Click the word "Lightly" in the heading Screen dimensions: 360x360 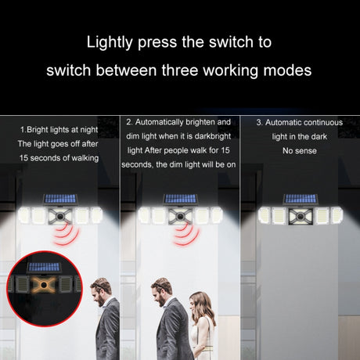pyautogui.click(x=110, y=42)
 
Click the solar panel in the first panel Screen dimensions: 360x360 pyautogui.click(x=60, y=199)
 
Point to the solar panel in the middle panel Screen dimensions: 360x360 pyautogui.click(x=180, y=199)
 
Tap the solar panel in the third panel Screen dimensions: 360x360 pyautogui.click(x=301, y=199)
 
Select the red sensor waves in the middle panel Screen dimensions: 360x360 pyautogui.click(x=186, y=234)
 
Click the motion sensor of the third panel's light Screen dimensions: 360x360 pyautogui.click(x=301, y=216)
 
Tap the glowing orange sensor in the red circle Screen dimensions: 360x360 pyautogui.click(x=44, y=285)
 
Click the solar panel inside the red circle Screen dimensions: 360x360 pyautogui.click(x=44, y=267)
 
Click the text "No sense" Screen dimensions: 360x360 pyautogui.click(x=300, y=150)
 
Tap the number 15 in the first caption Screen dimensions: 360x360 pyautogui.click(x=23, y=158)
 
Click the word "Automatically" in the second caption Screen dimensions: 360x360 pyautogui.click(x=159, y=122)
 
